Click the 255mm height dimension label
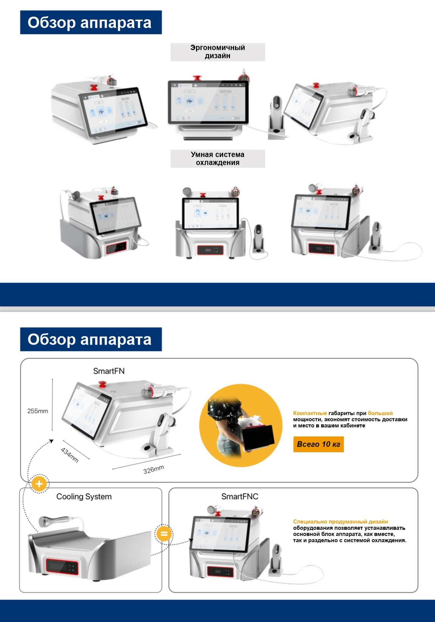pyautogui.click(x=37, y=411)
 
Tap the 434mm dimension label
pyautogui.click(x=70, y=455)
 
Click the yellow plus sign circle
pyautogui.click(x=39, y=484)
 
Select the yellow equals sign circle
pyautogui.click(x=164, y=534)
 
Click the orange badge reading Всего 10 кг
pyautogui.click(x=318, y=444)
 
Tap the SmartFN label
pyautogui.click(x=109, y=371)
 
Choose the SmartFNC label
pyautogui.click(x=239, y=497)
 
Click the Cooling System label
pyautogui.click(x=84, y=497)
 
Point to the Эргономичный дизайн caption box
pyautogui.click(x=217, y=52)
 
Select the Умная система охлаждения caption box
pyautogui.click(x=217, y=159)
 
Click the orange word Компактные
pyautogui.click(x=310, y=413)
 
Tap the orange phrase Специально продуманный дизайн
pyautogui.click(x=340, y=522)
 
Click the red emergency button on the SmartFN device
pyautogui.click(x=102, y=385)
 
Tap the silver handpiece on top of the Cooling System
pyautogui.click(x=54, y=520)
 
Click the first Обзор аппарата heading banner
pyautogui.click(x=91, y=22)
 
